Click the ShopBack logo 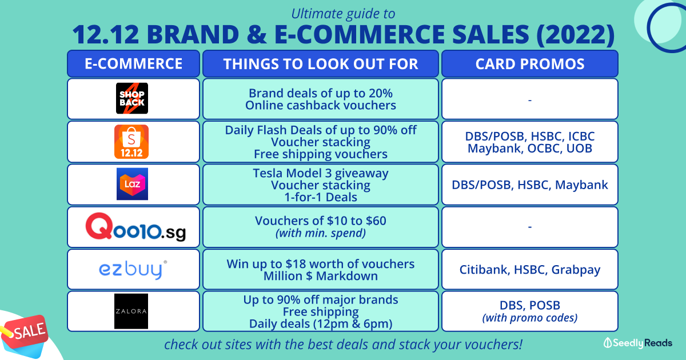(132, 98)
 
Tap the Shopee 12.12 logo (131, 142)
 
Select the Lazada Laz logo (132, 184)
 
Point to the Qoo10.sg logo (135, 227)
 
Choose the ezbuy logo (133, 270)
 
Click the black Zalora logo (131, 311)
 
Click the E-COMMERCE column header (134, 63)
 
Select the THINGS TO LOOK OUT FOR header (321, 63)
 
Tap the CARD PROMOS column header (530, 63)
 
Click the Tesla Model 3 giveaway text (321, 173)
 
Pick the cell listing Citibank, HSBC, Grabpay (530, 269)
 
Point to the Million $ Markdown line (321, 276)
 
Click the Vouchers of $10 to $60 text (321, 221)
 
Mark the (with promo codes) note (530, 318)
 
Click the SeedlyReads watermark (637, 343)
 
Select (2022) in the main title (576, 34)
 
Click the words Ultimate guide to (343, 14)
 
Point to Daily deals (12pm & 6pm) (321, 324)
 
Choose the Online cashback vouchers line (321, 105)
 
